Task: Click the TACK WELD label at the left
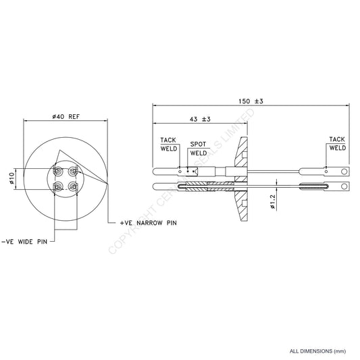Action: click(168, 145)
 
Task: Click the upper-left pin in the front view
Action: click(58, 172)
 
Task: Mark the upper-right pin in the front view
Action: click(73, 171)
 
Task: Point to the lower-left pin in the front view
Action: click(58, 185)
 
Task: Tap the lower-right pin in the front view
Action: click(73, 185)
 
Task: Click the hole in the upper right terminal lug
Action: click(344, 172)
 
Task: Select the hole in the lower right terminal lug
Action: click(344, 186)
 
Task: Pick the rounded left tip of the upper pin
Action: click(157, 172)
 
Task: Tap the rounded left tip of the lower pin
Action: click(157, 186)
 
